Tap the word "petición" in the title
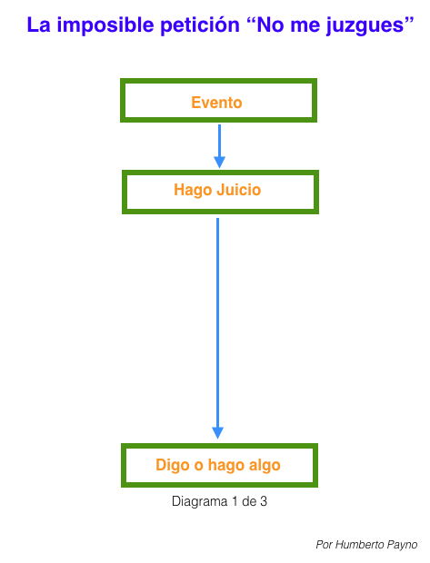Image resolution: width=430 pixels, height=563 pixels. (199, 25)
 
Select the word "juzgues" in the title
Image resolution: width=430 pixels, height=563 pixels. (365, 26)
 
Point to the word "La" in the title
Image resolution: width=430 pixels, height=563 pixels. (38, 25)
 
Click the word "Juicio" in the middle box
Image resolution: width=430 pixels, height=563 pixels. (239, 190)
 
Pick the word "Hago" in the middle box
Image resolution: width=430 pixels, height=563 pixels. (193, 191)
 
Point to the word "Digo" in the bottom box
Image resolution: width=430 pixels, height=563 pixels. (172, 466)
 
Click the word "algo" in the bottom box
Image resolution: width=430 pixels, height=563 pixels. (265, 466)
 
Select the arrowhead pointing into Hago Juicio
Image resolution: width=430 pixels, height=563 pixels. (220, 163)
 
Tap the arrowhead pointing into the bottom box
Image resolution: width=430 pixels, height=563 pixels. (218, 433)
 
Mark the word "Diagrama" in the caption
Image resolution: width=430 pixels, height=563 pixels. (199, 501)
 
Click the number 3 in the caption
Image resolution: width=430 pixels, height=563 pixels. (264, 501)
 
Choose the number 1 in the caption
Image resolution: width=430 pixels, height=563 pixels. (235, 501)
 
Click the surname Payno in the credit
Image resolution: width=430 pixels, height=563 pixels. (402, 545)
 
